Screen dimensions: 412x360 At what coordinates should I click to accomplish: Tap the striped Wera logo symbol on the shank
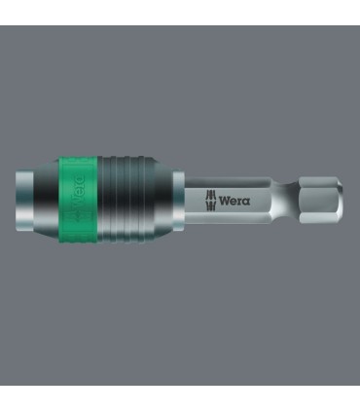point(211,201)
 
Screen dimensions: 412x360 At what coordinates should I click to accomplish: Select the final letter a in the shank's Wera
point(245,201)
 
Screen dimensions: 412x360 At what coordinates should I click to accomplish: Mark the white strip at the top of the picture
point(180,12)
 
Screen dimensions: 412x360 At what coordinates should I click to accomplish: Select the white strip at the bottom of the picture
point(180,398)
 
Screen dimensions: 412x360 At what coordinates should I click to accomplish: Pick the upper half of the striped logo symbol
point(211,196)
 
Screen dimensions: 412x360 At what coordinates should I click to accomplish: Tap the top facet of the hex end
point(317,182)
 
